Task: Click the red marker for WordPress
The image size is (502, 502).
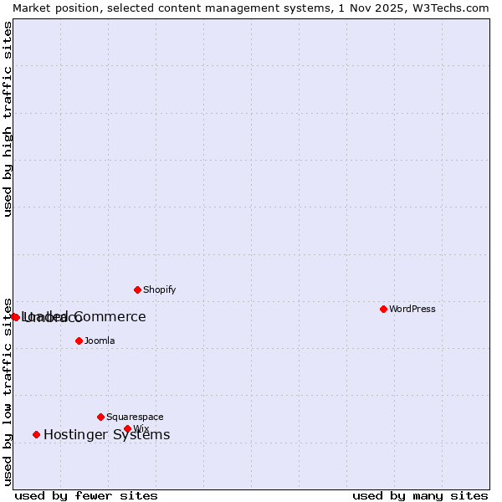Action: coord(383,309)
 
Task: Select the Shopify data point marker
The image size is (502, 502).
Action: coord(137,289)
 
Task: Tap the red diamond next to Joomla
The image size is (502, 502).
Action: coord(79,341)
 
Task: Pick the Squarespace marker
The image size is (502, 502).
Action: coord(100,417)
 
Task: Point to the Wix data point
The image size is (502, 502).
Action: coord(127,428)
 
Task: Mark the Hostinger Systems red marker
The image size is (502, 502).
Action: coord(36,434)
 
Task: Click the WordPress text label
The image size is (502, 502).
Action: coord(412,309)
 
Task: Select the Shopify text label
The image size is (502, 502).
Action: coord(159,289)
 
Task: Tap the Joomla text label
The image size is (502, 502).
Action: coord(100,341)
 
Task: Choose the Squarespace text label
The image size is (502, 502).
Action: coord(135,417)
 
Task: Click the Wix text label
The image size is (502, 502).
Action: coord(141,428)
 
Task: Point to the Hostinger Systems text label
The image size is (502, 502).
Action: coord(106,434)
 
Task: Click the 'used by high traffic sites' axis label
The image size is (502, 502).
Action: coord(8,119)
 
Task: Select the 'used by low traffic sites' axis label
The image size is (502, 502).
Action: coord(8,391)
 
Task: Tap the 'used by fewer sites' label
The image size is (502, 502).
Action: coord(86,495)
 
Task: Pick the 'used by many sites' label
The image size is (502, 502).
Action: coord(420,495)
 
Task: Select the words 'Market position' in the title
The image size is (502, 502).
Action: coord(51,8)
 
